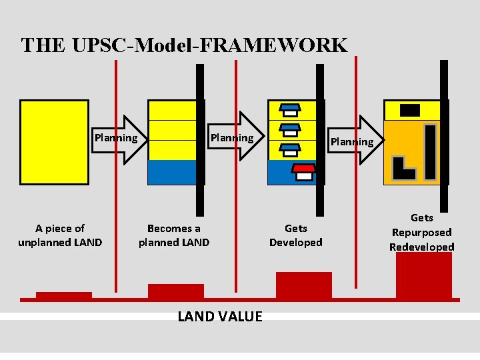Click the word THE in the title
(43, 45)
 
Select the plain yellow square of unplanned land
(54, 141)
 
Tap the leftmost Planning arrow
(119, 139)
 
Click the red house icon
(304, 171)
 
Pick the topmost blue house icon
(290, 109)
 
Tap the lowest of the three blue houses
(290, 150)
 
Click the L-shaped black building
(404, 169)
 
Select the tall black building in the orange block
(431, 153)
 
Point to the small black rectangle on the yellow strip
(409, 110)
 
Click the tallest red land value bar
(423, 275)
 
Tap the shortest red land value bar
(64, 295)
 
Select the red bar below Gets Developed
(303, 285)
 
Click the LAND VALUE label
(220, 316)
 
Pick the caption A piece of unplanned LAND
(60, 235)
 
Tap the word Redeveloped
(421, 247)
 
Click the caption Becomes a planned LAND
(173, 235)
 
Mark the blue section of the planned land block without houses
(171, 172)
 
